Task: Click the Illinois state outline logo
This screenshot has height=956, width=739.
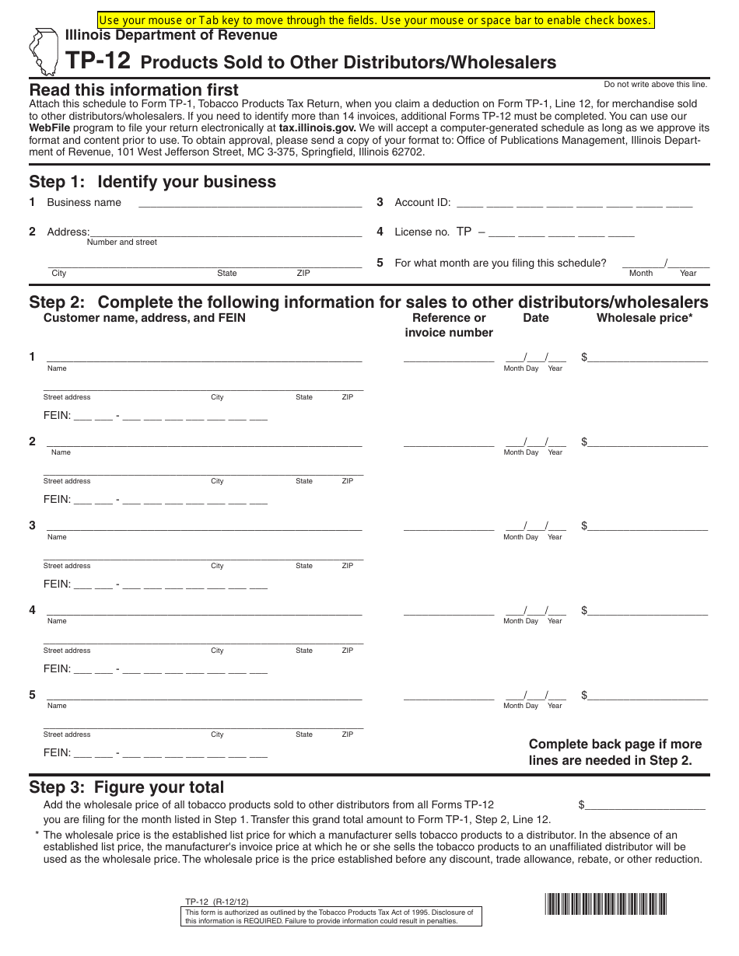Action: point(43,51)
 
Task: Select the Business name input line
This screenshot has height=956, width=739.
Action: point(249,203)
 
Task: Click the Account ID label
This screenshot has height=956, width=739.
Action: point(422,202)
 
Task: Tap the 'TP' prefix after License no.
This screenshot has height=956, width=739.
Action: point(464,232)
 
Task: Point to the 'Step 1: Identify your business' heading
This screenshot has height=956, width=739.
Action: point(152,182)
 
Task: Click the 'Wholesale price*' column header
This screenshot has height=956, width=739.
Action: point(644,318)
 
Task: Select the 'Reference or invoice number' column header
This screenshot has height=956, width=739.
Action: point(449,325)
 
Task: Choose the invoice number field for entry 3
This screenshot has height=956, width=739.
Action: point(448,526)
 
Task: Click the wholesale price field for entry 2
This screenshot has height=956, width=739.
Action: point(648,442)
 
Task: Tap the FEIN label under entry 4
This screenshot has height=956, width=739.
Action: point(57,668)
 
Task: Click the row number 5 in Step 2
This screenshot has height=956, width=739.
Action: point(32,695)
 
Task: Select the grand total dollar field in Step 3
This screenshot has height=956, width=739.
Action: point(646,805)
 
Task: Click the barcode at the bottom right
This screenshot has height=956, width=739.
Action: point(606,904)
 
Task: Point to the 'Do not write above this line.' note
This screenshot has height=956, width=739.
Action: point(655,84)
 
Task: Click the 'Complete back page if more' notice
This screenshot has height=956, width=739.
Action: point(615,745)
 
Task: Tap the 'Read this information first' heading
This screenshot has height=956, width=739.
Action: point(134,89)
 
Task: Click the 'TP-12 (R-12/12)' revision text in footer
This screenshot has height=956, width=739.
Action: point(216,902)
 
